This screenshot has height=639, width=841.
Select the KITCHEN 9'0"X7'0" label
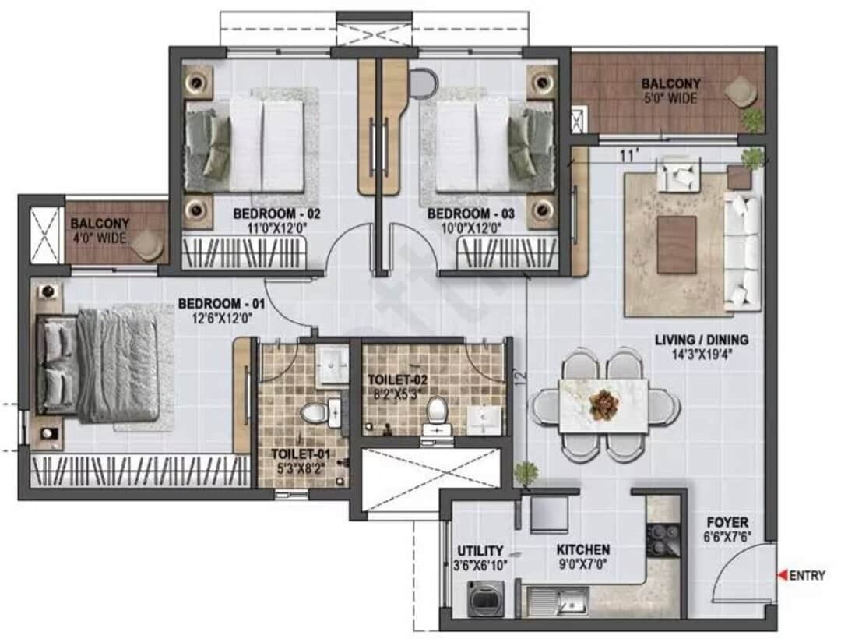click(x=582, y=557)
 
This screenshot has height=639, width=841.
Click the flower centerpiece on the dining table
click(x=603, y=404)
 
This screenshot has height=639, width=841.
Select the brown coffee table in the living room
click(x=677, y=245)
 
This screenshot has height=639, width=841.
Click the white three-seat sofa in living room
click(x=743, y=252)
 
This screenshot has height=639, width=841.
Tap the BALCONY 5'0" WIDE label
click(x=670, y=90)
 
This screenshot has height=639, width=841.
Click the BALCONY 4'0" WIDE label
click(x=99, y=231)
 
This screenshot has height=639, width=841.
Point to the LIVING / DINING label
click(x=701, y=347)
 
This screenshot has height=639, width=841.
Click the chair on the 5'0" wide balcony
click(x=740, y=92)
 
